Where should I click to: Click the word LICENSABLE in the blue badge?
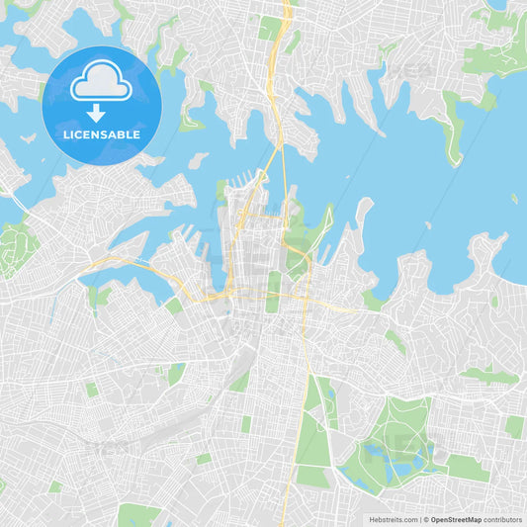click(x=101, y=134)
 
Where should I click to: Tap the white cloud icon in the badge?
click(x=101, y=82)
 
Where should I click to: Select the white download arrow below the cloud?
click(x=96, y=112)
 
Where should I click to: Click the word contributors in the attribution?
click(x=502, y=519)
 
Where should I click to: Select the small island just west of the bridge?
click(x=198, y=160)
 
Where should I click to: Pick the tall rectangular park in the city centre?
click(x=274, y=293)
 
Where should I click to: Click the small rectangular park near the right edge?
click(x=514, y=426)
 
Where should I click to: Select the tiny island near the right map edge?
click(x=514, y=199)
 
